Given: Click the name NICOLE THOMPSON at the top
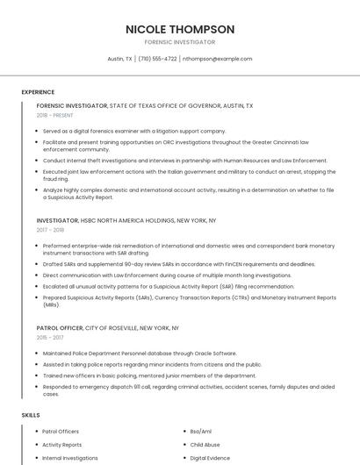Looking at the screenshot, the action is (x=180, y=29).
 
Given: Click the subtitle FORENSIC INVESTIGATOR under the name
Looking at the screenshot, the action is (x=180, y=42).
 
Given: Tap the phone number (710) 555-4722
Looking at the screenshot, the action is (x=157, y=59).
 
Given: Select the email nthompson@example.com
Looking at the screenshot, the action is (x=217, y=59).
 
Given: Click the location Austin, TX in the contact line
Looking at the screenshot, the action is (x=120, y=59).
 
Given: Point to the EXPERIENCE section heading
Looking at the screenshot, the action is (x=38, y=92).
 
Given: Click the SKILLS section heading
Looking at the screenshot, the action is (x=30, y=414).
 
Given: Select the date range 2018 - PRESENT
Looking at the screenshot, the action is (x=55, y=115).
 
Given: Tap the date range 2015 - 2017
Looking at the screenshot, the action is (x=49, y=337).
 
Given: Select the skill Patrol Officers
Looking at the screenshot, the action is (x=61, y=432).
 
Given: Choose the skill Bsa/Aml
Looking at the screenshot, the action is (x=201, y=432).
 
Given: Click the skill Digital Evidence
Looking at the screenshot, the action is (x=210, y=458).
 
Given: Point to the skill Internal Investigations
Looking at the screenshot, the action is (x=70, y=458).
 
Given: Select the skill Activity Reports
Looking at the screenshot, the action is (x=62, y=445).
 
